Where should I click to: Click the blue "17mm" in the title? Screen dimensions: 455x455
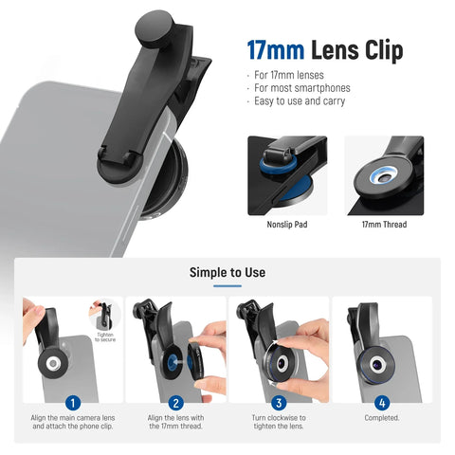[x=276, y=50]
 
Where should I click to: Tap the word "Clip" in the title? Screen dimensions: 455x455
[x=384, y=50]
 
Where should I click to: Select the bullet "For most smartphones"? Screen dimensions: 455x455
[x=302, y=88]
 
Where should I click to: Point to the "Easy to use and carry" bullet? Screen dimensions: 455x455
[x=300, y=101]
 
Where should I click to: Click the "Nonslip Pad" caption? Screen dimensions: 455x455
[x=287, y=225]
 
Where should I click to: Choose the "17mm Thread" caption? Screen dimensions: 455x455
[x=384, y=225]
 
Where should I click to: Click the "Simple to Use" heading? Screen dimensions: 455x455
[x=227, y=272]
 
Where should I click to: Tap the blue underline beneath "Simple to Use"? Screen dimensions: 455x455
[x=227, y=286]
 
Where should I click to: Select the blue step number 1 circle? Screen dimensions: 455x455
[x=73, y=403]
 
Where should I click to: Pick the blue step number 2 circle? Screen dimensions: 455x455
[x=175, y=403]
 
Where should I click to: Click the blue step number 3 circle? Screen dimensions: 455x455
[x=279, y=403]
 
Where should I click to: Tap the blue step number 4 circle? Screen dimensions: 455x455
[x=382, y=403]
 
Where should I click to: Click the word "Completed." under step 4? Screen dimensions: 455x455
[x=382, y=418]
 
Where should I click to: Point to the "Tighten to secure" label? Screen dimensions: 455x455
[x=105, y=337]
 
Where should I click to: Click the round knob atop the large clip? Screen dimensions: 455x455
[x=155, y=29]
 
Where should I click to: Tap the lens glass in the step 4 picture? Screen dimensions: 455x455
[x=376, y=365]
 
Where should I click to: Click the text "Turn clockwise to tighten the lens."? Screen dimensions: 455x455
[x=279, y=422]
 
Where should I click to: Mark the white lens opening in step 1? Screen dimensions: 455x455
[x=53, y=363]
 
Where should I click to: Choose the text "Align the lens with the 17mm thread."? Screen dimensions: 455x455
[x=175, y=422]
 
